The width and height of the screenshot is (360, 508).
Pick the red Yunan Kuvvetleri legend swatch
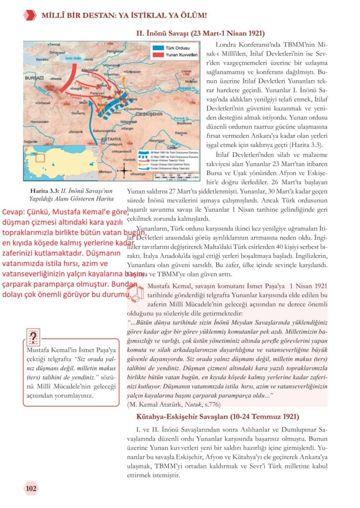tap(158, 55)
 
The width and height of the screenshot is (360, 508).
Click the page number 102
tap(31, 488)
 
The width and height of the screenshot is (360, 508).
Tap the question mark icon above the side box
tap(34, 337)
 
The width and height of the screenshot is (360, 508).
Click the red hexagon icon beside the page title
tap(30, 15)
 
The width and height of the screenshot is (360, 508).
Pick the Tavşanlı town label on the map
tap(75, 131)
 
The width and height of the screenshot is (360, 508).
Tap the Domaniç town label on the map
tap(80, 114)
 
